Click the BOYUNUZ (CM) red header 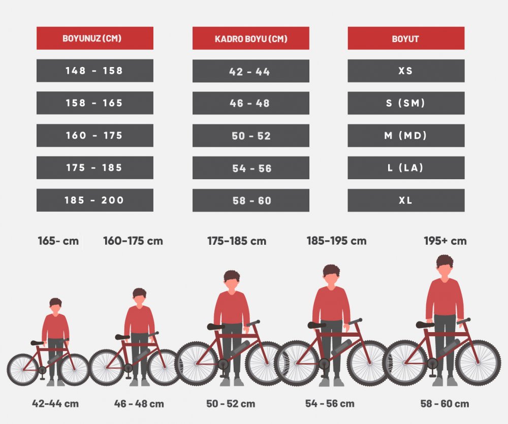click(x=94, y=38)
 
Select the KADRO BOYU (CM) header click(x=250, y=39)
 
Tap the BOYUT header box click(x=406, y=39)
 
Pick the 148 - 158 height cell click(x=94, y=71)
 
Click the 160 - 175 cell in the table click(x=94, y=136)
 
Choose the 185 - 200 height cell click(x=94, y=200)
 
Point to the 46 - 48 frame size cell click(x=250, y=103)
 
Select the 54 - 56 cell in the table click(x=250, y=168)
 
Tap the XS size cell click(x=406, y=71)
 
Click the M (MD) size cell click(x=406, y=136)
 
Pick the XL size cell click(x=406, y=200)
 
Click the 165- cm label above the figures click(x=58, y=241)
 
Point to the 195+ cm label click(x=445, y=241)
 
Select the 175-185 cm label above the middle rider click(x=236, y=241)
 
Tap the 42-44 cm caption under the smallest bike click(x=55, y=404)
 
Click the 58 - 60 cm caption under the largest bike click(x=444, y=404)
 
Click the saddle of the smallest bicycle click(x=37, y=343)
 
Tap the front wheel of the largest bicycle click(x=478, y=363)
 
